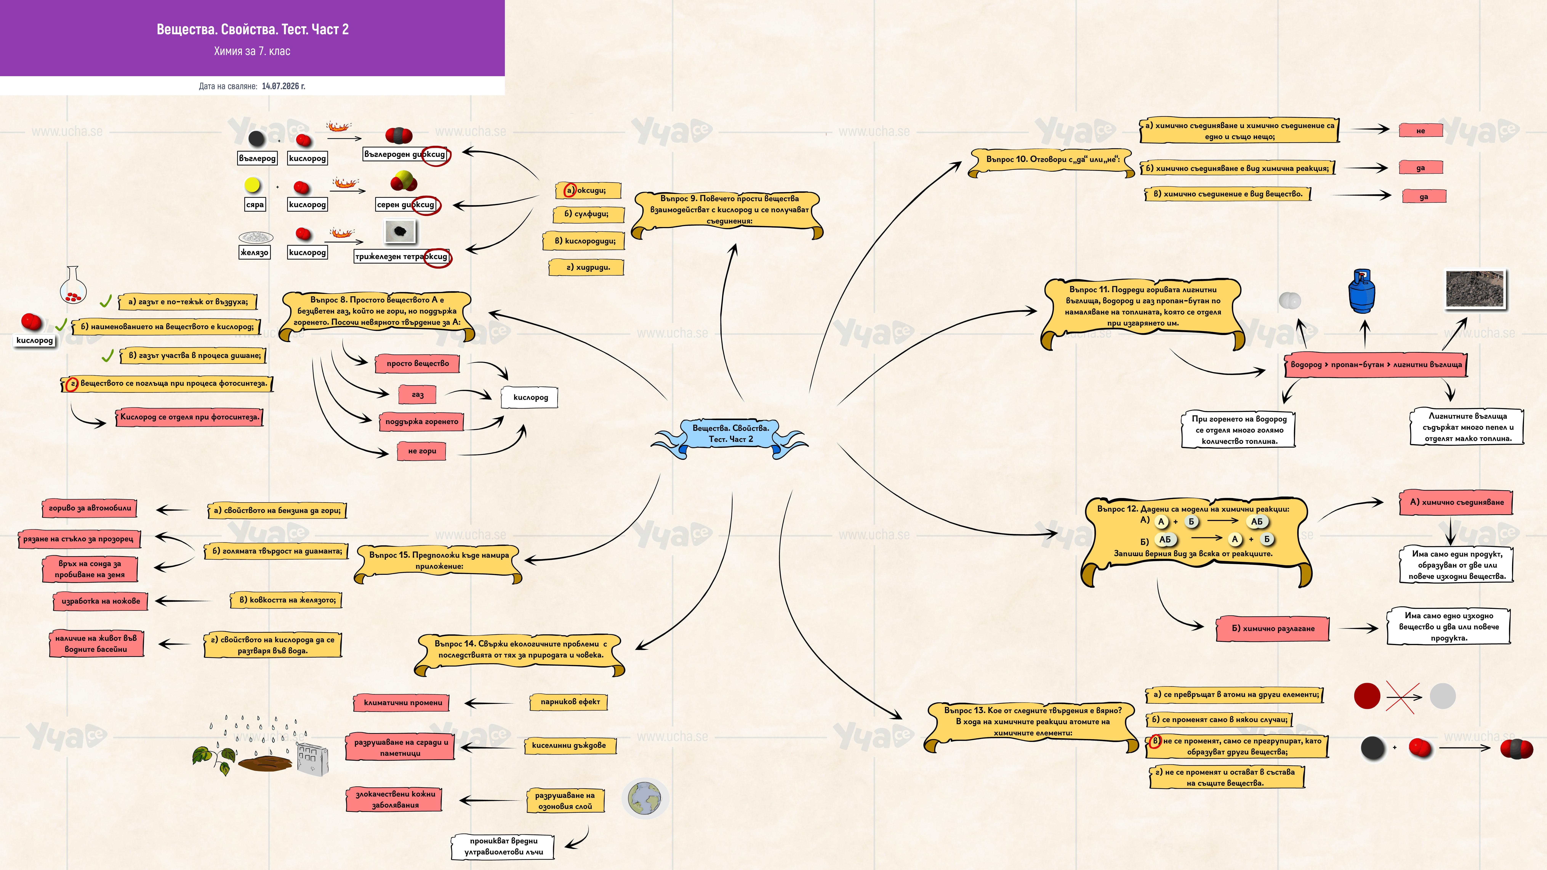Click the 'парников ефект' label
[x=569, y=702]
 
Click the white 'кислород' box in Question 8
[x=530, y=397]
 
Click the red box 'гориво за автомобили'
[x=90, y=508]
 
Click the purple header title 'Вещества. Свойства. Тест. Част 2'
[x=253, y=29]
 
